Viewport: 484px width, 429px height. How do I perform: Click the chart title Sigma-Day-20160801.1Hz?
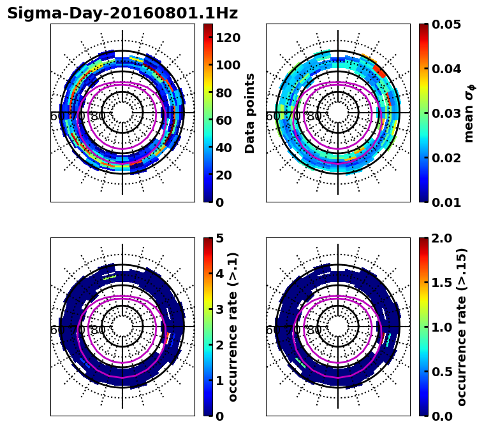pyautogui.click(x=122, y=13)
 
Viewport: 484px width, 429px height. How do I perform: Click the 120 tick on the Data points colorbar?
pyautogui.click(x=228, y=38)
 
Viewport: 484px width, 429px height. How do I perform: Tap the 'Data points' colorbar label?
pyautogui.click(x=250, y=113)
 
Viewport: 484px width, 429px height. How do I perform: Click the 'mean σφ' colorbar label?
pyautogui.click(x=469, y=113)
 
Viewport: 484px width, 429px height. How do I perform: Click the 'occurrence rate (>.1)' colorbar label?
pyautogui.click(x=233, y=327)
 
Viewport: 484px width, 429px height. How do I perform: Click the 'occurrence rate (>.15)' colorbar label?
pyautogui.click(x=462, y=327)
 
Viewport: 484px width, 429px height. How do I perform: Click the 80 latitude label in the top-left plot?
pyautogui.click(x=98, y=116)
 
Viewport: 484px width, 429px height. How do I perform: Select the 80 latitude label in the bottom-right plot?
pyautogui.click(x=314, y=330)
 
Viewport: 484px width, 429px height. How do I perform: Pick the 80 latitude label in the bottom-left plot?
pyautogui.click(x=98, y=330)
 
